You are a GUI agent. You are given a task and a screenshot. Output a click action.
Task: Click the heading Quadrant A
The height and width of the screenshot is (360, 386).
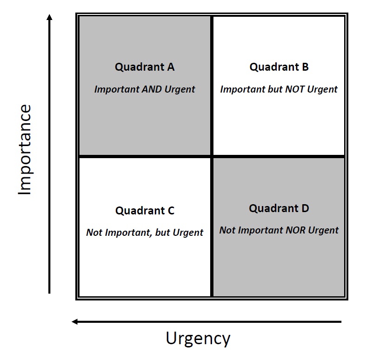145,67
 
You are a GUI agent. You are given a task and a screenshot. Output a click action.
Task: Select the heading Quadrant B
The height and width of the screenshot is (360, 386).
279,67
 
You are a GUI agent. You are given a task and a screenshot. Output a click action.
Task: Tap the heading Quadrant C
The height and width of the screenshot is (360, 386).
145,211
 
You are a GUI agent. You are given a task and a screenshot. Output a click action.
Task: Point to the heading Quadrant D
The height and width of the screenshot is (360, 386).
279,208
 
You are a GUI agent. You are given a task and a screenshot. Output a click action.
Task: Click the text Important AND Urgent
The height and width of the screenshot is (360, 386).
145,89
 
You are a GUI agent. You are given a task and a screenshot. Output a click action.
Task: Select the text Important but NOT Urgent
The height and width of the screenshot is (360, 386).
279,89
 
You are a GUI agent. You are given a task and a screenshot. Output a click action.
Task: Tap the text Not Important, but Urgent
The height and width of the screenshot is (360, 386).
145,233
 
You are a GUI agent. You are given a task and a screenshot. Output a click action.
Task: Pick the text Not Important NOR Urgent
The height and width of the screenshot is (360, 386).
279,230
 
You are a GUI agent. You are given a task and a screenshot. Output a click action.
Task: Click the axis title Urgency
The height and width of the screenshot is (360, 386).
198,339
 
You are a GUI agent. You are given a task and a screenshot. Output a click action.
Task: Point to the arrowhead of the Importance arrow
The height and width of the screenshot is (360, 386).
50,18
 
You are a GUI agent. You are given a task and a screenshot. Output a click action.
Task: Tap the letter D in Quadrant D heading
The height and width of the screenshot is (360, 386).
305,208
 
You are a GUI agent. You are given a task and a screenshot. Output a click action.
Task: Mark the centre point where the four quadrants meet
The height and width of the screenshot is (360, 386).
212,156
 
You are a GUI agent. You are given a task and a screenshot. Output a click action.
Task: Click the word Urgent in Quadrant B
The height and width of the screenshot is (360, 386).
322,89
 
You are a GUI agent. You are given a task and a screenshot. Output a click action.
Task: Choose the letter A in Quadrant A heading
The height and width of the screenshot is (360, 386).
171,67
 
